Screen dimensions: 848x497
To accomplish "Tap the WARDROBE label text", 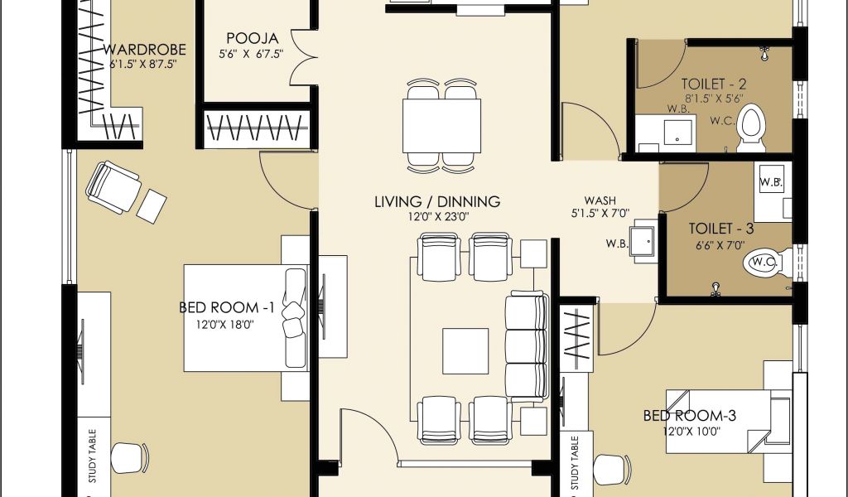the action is tap(144, 50).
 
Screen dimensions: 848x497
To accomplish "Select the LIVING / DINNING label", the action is tap(437, 202).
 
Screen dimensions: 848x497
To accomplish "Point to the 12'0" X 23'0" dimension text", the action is tap(438, 217).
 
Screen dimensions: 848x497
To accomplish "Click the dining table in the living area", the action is tap(442, 126).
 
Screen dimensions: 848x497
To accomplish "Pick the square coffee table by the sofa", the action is tap(465, 351).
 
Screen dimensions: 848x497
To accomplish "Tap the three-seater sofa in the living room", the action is tap(526, 346).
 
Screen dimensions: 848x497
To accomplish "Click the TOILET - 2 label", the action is tap(713, 84).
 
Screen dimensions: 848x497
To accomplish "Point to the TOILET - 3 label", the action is tap(721, 229).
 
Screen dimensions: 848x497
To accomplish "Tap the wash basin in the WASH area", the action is tap(643, 241).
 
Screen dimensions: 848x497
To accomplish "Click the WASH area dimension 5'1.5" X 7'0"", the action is tap(600, 214).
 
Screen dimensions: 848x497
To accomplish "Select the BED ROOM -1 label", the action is tap(227, 307).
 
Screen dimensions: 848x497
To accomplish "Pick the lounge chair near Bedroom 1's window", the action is tap(113, 186).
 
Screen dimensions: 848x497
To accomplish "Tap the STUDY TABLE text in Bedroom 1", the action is tap(93, 456).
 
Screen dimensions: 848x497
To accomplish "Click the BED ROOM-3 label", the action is tap(690, 416).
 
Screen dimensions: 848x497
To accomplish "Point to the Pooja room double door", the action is tap(301, 57).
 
